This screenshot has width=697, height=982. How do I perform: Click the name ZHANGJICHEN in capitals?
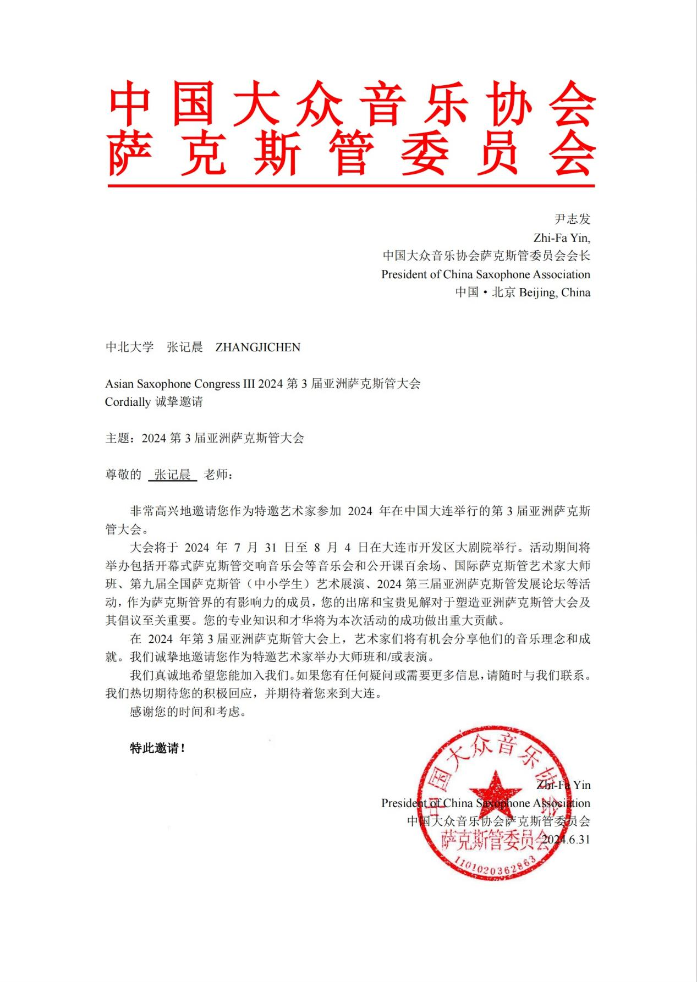(x=257, y=347)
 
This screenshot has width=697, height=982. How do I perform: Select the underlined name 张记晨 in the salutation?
(x=172, y=475)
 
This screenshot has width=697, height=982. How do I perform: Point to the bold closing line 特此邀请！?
(x=157, y=748)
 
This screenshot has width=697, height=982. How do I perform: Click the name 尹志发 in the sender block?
(x=572, y=219)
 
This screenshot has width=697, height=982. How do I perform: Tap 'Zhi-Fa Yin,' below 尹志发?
(x=562, y=238)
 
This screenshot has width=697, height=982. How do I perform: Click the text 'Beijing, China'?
(x=555, y=293)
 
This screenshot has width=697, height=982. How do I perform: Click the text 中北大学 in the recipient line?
(x=129, y=347)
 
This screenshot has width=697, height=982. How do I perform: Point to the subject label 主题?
(x=117, y=438)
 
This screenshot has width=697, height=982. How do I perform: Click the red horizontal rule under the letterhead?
(x=350, y=186)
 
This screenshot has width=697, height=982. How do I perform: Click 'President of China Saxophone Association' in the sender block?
(x=486, y=274)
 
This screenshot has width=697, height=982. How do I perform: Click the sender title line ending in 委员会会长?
(x=486, y=256)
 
